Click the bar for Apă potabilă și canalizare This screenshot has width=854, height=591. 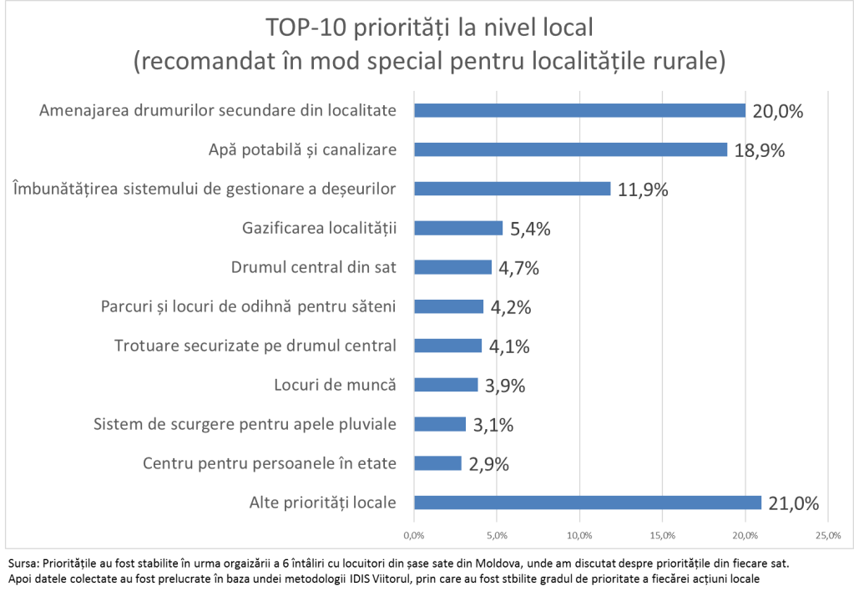(x=570, y=149)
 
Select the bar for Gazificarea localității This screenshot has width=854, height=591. (x=458, y=228)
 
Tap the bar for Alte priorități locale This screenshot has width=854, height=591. (x=588, y=503)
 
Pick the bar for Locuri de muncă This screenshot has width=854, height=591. (x=446, y=385)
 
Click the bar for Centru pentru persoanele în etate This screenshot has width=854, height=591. (x=437, y=463)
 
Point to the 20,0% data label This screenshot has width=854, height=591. (x=777, y=111)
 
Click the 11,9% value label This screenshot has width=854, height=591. (x=643, y=189)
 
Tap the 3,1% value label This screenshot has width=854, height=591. (x=493, y=425)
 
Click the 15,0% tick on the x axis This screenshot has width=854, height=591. (x=662, y=534)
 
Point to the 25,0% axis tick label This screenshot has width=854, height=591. (x=827, y=534)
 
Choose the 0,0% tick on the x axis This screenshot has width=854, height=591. (x=414, y=534)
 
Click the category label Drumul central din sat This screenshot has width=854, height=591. (x=312, y=267)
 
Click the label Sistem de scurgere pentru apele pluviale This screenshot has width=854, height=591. (x=244, y=424)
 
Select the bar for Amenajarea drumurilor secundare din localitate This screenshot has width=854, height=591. (x=579, y=110)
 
